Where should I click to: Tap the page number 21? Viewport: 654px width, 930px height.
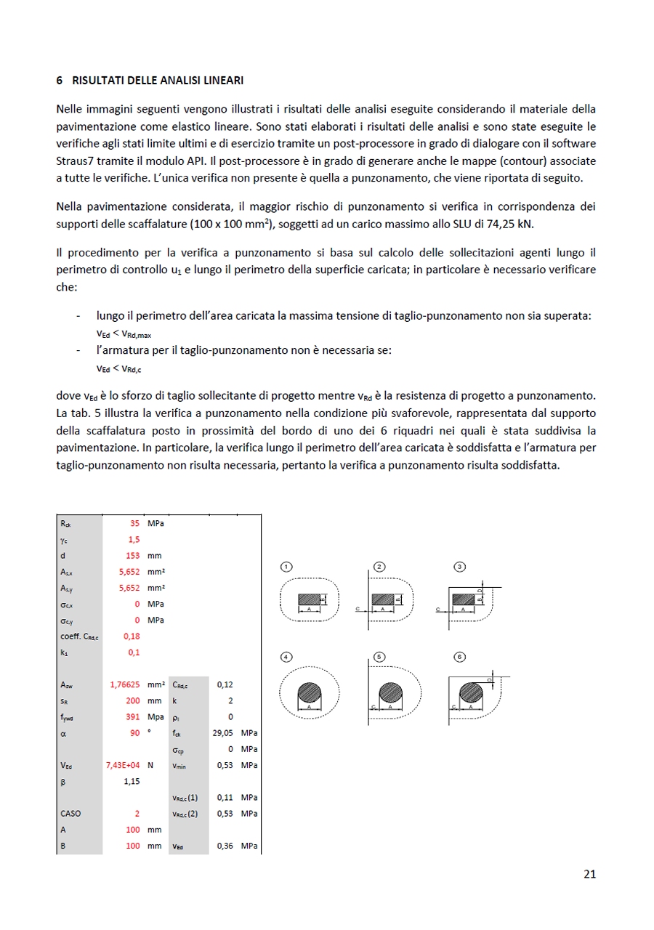[x=589, y=874]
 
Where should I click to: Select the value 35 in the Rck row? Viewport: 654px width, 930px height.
[x=134, y=523]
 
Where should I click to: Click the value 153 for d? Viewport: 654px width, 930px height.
[x=132, y=555]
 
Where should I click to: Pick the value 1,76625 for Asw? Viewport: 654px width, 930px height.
[x=124, y=684]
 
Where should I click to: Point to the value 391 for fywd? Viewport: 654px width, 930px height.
[x=132, y=716]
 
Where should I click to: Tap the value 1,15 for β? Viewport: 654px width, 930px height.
[x=132, y=781]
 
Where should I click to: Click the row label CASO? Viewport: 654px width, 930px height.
[x=71, y=813]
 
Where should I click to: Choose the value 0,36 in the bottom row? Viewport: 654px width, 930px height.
[x=225, y=846]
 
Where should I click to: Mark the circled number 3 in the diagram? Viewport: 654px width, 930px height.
[x=459, y=566]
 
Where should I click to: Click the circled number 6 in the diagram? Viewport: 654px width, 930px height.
[x=459, y=657]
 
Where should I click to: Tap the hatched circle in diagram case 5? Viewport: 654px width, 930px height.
[x=391, y=692]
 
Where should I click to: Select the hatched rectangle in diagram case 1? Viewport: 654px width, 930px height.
[x=309, y=599]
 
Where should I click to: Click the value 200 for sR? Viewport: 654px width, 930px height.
[x=132, y=700]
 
